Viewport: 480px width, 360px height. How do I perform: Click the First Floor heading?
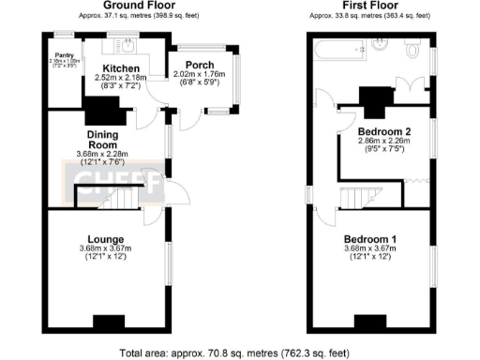370,6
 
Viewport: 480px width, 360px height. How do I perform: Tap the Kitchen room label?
122,69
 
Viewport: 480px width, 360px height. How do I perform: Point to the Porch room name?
200,66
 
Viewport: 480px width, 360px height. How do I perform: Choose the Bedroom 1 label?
370,239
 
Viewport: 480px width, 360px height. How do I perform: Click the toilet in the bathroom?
413,46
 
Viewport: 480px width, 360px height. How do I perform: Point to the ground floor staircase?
103,197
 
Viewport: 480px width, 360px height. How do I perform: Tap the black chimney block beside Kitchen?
101,112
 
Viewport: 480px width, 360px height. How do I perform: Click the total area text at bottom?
240,353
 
